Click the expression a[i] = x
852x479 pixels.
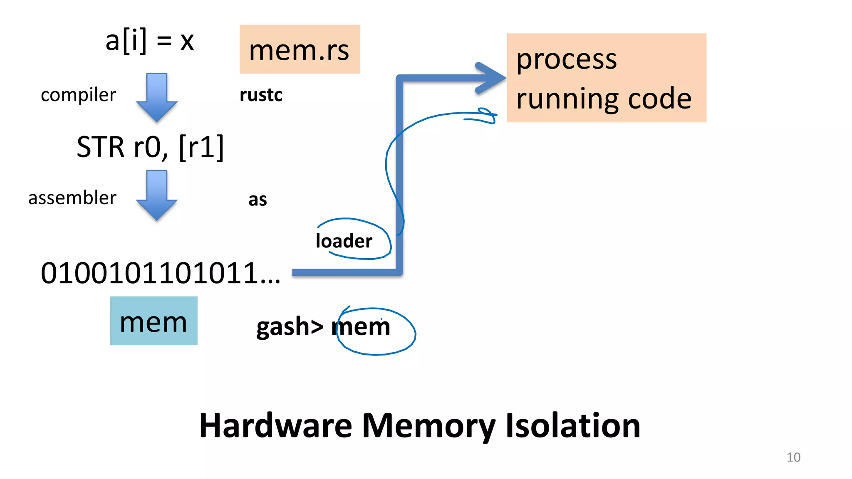click(150, 41)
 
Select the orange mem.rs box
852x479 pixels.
click(300, 49)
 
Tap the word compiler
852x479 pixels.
click(78, 95)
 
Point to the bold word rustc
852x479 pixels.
click(261, 95)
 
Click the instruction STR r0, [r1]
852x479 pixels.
click(150, 147)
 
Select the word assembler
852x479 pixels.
click(72, 198)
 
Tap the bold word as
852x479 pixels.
click(258, 200)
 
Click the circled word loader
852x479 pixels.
click(344, 241)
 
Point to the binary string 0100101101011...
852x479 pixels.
click(160, 274)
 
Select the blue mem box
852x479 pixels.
click(154, 321)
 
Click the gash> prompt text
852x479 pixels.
click(290, 327)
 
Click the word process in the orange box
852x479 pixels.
click(566, 59)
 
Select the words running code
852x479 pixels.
click(604, 99)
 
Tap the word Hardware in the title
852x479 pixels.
click(275, 426)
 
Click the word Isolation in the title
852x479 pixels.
click(573, 426)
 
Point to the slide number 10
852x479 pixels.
click(793, 457)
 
